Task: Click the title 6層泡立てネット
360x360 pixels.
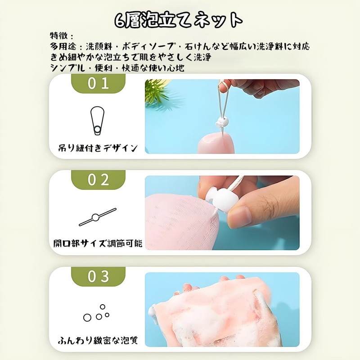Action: click(179, 19)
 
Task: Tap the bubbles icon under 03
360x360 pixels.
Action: click(97, 313)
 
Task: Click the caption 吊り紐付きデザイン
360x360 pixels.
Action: click(98, 147)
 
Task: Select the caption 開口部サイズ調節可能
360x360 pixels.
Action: click(97, 243)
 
